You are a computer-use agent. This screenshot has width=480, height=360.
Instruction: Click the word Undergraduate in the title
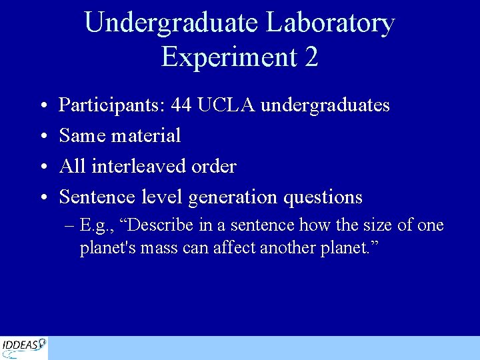click(171, 23)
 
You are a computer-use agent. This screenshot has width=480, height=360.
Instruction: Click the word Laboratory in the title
click(330, 23)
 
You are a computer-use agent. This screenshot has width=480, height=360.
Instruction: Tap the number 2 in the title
click(311, 57)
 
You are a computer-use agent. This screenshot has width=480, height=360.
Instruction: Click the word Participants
click(111, 105)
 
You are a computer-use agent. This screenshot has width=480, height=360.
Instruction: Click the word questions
click(323, 197)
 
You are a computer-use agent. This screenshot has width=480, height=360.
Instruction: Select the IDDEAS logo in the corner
click(24, 347)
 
